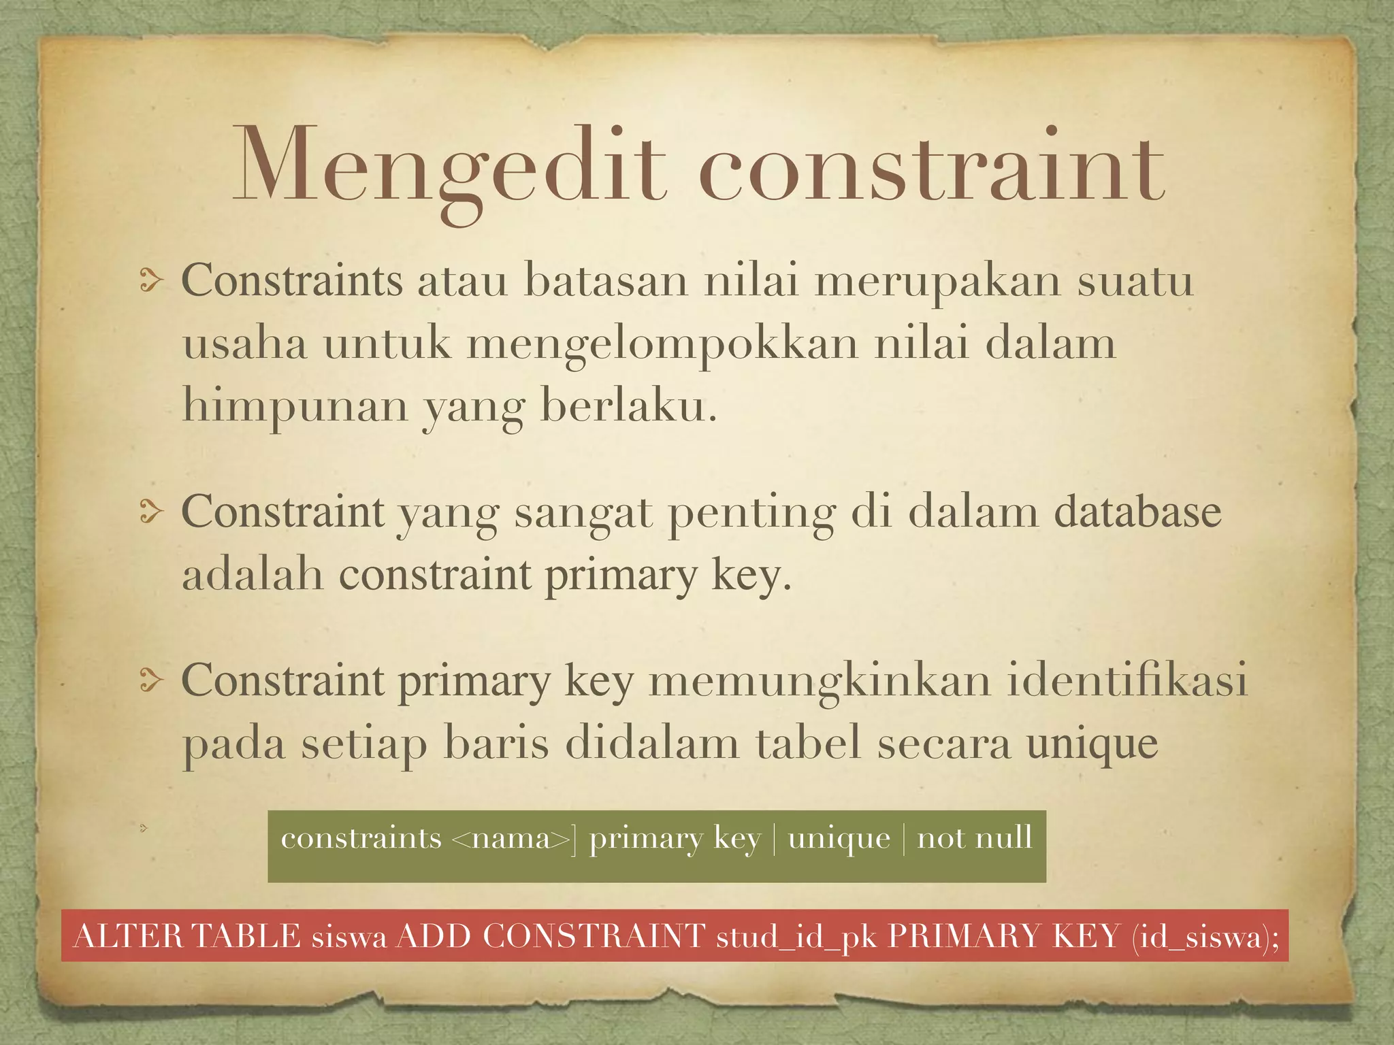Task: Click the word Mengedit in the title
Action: (x=449, y=167)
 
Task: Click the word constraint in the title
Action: (x=932, y=167)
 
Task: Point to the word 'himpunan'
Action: (x=295, y=407)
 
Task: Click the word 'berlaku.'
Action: (x=628, y=405)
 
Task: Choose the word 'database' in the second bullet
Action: (x=1137, y=512)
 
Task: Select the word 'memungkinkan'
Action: (x=820, y=681)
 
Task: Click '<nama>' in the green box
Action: (x=510, y=839)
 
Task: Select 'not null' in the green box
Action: (x=974, y=837)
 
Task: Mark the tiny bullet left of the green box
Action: (x=144, y=828)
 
